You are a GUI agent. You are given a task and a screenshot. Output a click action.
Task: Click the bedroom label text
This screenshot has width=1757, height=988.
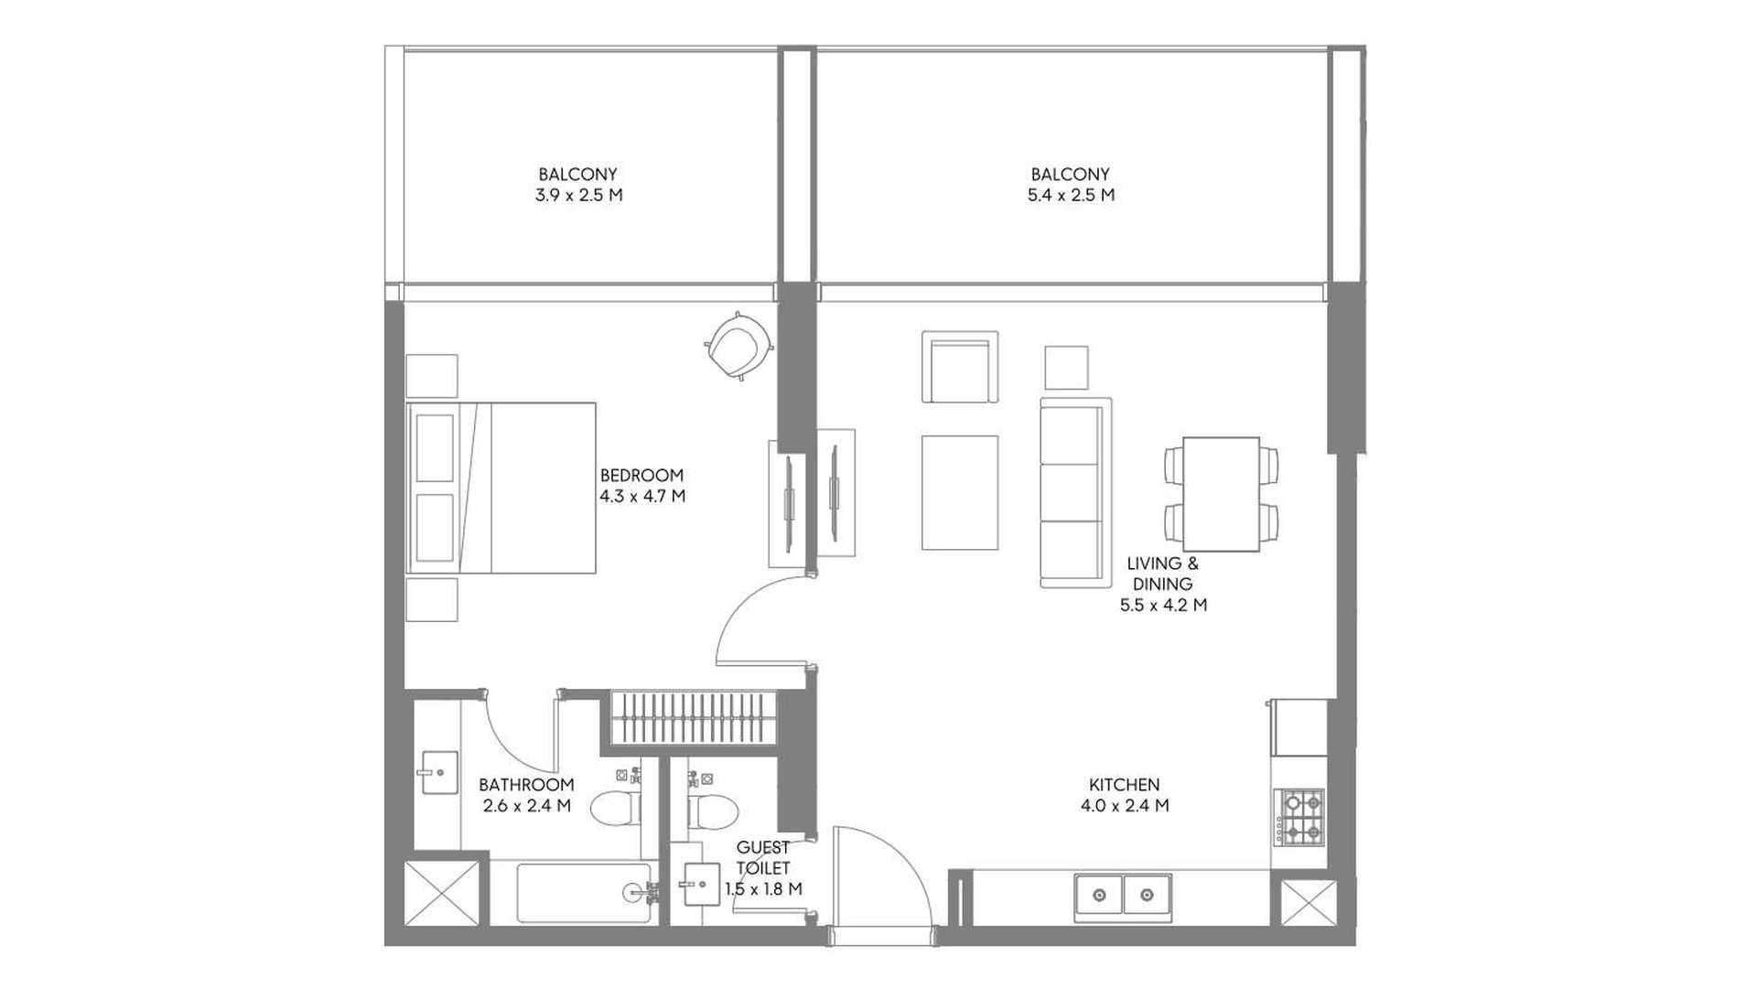pyautogui.click(x=641, y=475)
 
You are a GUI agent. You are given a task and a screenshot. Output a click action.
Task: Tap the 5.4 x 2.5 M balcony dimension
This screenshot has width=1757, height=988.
pyautogui.click(x=1071, y=195)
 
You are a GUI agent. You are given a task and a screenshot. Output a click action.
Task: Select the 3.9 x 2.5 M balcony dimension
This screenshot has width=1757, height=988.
pyautogui.click(x=578, y=195)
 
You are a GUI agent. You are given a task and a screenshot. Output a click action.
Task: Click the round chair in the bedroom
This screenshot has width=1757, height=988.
pyautogui.click(x=739, y=345)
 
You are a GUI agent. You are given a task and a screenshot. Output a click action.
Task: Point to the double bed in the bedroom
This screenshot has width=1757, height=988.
pyautogui.click(x=501, y=488)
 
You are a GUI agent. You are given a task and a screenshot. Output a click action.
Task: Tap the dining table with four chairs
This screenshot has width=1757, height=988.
pyautogui.click(x=1222, y=494)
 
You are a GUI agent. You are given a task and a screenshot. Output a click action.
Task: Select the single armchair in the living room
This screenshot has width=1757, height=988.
pyautogui.click(x=960, y=367)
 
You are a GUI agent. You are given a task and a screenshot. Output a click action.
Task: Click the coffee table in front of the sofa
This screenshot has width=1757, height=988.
pyautogui.click(x=960, y=493)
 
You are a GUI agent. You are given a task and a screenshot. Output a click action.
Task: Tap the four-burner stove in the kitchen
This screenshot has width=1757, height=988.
pyautogui.click(x=1301, y=817)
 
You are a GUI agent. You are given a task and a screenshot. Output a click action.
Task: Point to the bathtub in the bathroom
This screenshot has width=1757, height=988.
pyautogui.click(x=584, y=893)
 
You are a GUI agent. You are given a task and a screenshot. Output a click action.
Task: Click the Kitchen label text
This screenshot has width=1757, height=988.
pyautogui.click(x=1125, y=785)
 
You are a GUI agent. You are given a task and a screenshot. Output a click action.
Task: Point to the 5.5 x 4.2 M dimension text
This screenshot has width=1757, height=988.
pyautogui.click(x=1163, y=605)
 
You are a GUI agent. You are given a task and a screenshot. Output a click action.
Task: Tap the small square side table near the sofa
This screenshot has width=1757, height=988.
pyautogui.click(x=1067, y=368)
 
